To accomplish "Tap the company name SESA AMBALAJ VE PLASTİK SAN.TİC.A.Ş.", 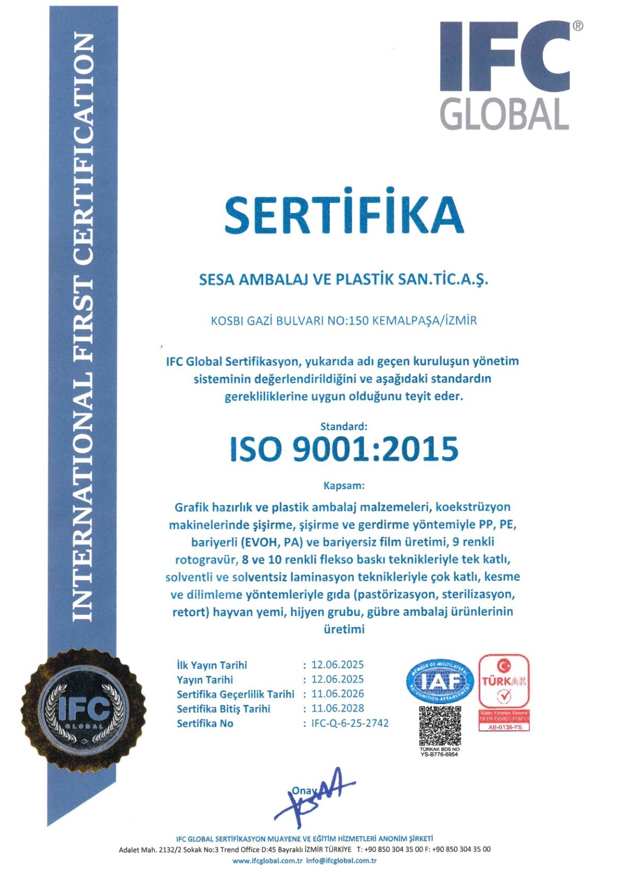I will click(343, 279).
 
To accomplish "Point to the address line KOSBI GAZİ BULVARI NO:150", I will click(344, 321).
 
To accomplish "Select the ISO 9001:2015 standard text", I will click(344, 449).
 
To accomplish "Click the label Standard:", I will click(344, 426).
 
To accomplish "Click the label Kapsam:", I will click(344, 485).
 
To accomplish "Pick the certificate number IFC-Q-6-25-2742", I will click(350, 723).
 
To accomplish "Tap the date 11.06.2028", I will click(338, 708).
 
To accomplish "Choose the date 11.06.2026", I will click(338, 694).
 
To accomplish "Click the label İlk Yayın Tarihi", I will click(212, 665).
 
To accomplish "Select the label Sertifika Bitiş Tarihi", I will click(223, 709).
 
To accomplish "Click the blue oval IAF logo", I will click(440, 681).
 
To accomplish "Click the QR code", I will click(440, 726).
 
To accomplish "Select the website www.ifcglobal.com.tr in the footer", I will click(267, 861).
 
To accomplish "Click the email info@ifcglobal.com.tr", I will click(341, 861).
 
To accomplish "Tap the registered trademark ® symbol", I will click(577, 26).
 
